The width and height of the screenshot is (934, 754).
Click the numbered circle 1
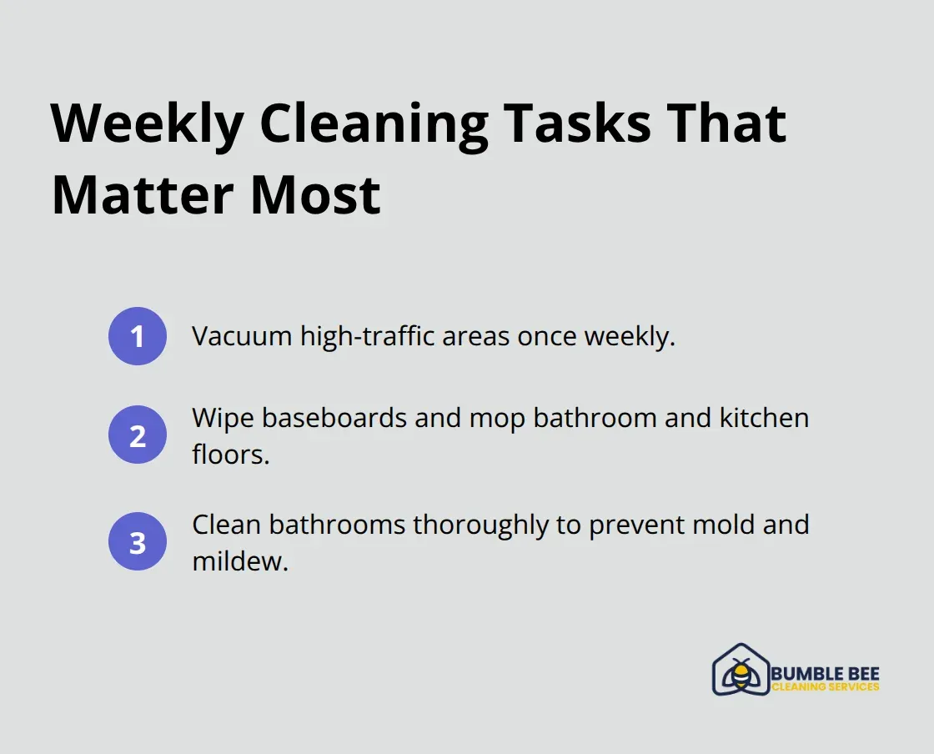point(138,336)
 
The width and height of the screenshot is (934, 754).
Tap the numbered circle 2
point(138,435)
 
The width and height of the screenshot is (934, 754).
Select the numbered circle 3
point(138,541)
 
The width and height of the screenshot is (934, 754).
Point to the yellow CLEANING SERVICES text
point(825,687)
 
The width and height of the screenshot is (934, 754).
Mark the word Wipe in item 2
point(223,417)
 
